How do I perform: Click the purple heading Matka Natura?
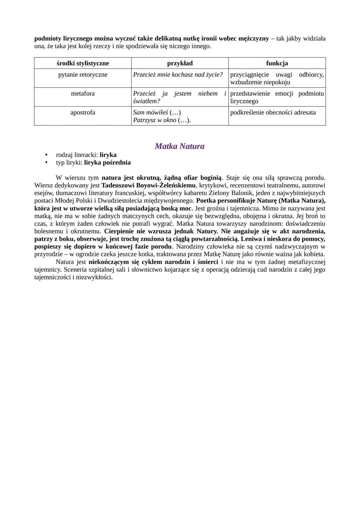click(x=179, y=146)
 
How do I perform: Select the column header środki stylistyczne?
click(x=83, y=63)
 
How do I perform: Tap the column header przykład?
click(x=180, y=63)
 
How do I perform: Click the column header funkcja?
click(x=277, y=63)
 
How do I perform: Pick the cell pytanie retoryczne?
click(x=83, y=75)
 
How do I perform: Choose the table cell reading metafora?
click(x=83, y=94)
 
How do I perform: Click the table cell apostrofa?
click(x=83, y=113)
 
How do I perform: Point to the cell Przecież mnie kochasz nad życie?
click(x=178, y=75)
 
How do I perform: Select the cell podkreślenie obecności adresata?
click(x=273, y=113)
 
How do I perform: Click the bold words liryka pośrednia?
click(x=107, y=163)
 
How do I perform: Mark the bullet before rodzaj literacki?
click(x=47, y=155)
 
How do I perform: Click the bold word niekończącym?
click(x=109, y=262)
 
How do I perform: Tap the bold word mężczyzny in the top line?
click(x=253, y=39)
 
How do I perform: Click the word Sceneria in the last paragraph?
click(x=75, y=270)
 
